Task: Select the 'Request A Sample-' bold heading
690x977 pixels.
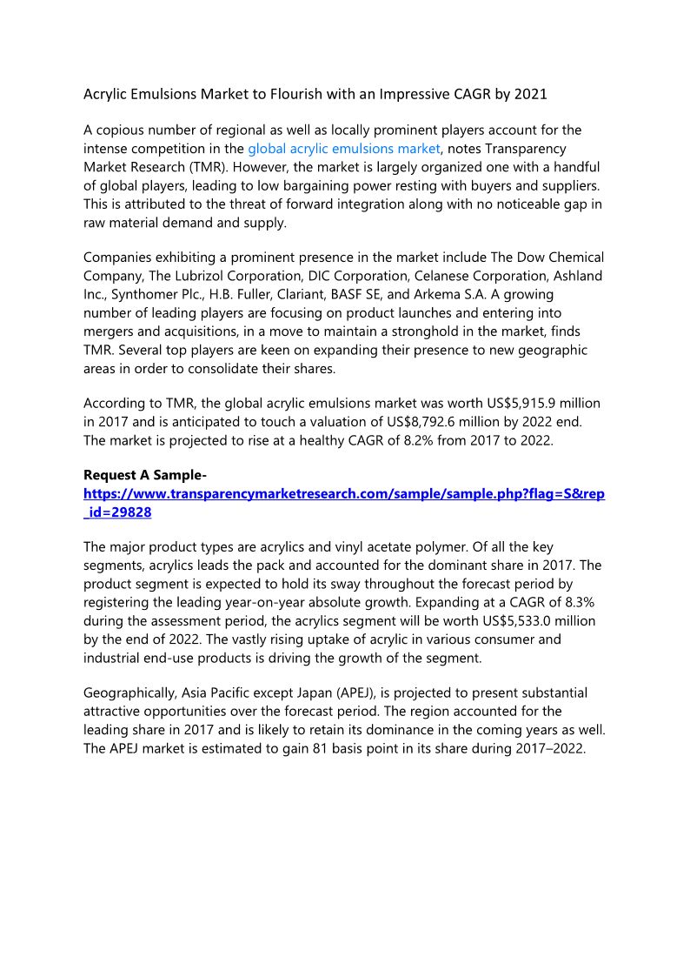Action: coord(144,475)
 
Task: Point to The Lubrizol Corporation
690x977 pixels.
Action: coord(218,276)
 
